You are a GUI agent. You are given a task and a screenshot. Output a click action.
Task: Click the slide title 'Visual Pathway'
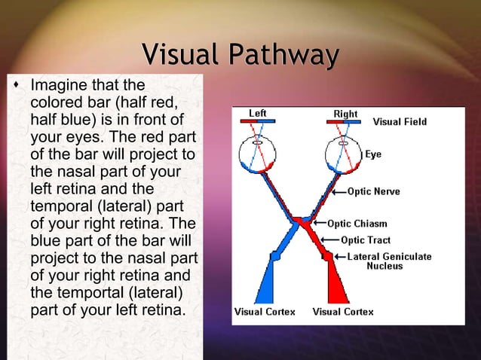coord(240,55)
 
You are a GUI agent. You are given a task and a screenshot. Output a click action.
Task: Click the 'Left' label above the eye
coord(258,114)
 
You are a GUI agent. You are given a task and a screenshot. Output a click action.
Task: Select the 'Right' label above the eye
coord(345,114)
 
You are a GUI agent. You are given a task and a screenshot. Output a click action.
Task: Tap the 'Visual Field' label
coord(400,122)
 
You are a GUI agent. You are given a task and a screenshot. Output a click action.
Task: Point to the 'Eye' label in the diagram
coord(373,154)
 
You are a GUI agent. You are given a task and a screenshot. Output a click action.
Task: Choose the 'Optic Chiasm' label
coord(357,223)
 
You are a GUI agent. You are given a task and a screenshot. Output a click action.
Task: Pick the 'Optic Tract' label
coord(366,240)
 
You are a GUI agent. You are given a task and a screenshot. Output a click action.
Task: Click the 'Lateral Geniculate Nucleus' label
coord(389,261)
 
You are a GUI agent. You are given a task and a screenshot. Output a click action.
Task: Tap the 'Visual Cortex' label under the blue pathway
coord(265,311)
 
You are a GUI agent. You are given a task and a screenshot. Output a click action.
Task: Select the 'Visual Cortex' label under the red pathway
coord(343,311)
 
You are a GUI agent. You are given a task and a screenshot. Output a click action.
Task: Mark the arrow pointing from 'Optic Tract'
coord(329,240)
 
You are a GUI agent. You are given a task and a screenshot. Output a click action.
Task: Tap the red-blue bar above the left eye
coord(258,121)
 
